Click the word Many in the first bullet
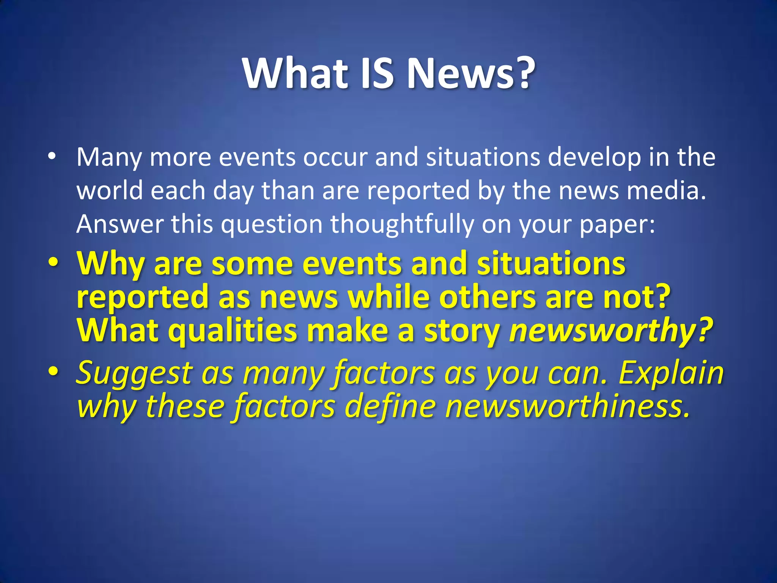pos(109,158)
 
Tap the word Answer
pos(120,224)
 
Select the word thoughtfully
pos(402,224)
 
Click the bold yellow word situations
pos(551,263)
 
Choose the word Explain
pos(671,373)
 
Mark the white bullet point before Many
pos(52,156)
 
